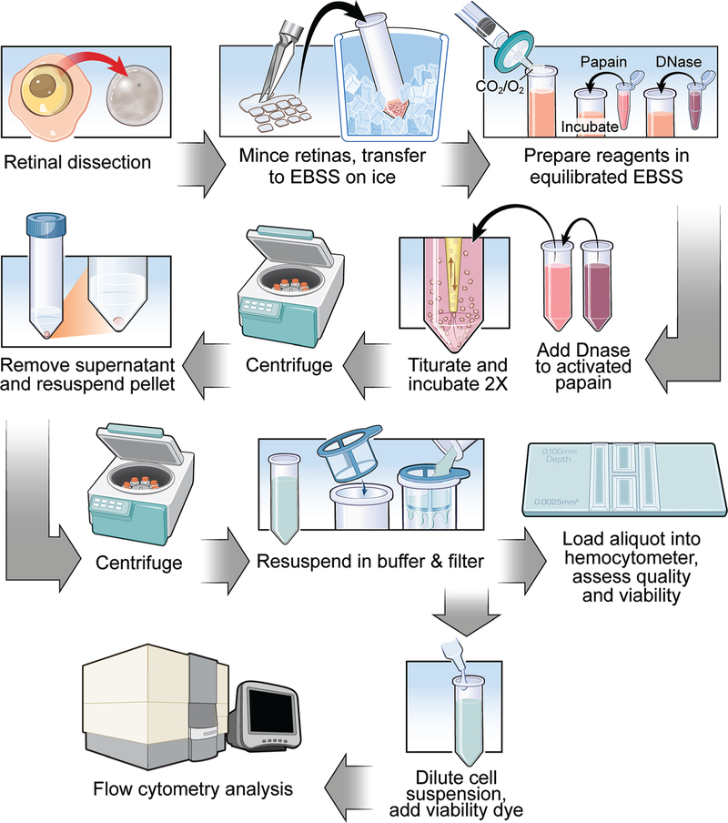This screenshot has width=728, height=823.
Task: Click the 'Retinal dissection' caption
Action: [78, 164]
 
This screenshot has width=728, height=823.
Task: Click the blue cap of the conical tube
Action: [43, 224]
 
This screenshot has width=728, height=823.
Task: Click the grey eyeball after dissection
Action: [140, 97]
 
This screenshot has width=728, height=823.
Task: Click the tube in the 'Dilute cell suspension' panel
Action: [468, 720]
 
